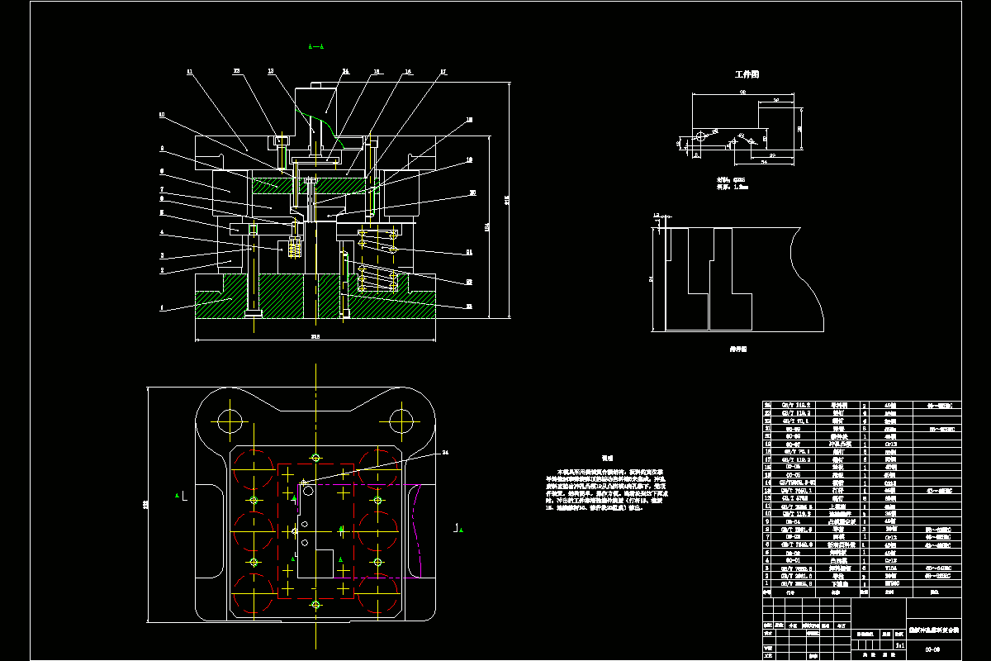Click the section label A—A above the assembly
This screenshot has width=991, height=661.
[x=315, y=47]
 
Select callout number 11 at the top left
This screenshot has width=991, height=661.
[x=190, y=73]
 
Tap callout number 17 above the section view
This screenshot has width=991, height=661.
[x=443, y=72]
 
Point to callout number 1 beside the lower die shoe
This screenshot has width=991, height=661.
[x=162, y=307]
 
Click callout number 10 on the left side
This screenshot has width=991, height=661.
[x=162, y=115]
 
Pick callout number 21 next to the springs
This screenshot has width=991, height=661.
[x=468, y=252]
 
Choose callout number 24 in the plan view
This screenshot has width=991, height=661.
[x=445, y=452]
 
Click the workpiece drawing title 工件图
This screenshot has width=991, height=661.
[x=747, y=74]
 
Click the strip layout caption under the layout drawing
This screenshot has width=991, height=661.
[x=737, y=349]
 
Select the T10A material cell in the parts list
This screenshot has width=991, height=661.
[x=890, y=568]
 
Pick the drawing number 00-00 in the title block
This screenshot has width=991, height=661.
[x=932, y=649]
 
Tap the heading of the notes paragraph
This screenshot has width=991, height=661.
[x=607, y=457]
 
